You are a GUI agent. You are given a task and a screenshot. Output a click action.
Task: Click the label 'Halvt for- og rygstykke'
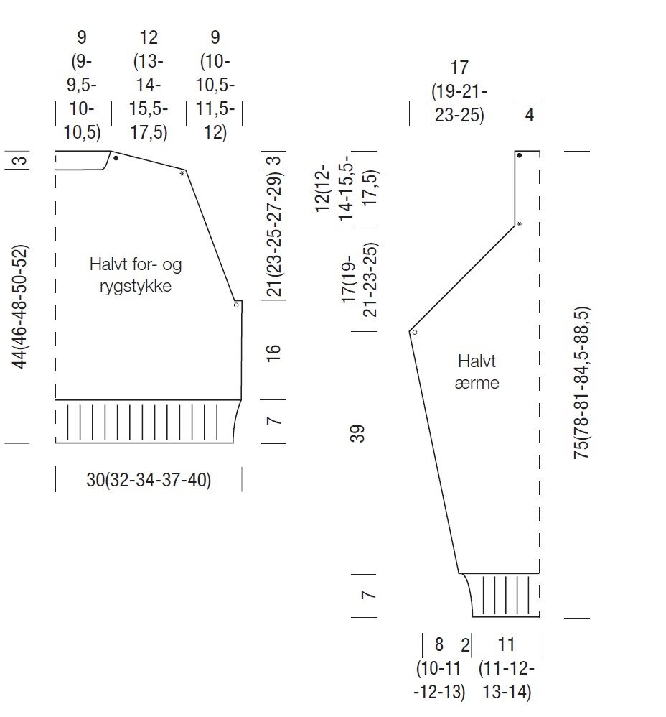tap(135, 275)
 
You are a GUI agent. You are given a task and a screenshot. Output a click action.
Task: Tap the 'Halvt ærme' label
tap(477, 371)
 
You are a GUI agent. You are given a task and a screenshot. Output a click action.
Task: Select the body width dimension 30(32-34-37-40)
tap(149, 480)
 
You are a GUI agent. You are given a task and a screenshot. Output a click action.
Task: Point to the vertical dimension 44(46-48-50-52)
tap(21, 306)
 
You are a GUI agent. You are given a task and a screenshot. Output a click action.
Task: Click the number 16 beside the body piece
tap(273, 353)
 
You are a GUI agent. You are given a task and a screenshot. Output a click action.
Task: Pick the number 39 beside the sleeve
tap(357, 433)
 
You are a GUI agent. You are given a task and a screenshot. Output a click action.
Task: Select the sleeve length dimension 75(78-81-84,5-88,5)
tap(582, 383)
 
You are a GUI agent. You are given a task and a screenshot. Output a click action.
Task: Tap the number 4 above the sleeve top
tap(529, 115)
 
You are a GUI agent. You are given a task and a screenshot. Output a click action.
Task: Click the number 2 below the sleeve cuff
tap(465, 645)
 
